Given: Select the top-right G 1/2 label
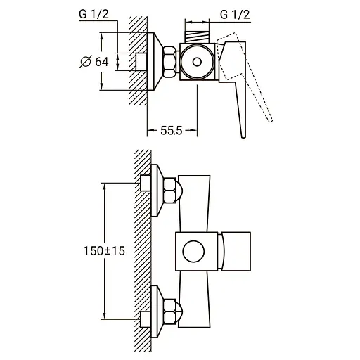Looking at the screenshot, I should click(236, 14).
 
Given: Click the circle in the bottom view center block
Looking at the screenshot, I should click(193, 251).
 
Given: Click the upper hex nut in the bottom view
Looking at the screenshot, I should click(170, 191).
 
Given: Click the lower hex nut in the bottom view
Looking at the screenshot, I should click(170, 310).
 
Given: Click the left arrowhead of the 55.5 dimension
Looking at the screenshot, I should click(150, 131).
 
